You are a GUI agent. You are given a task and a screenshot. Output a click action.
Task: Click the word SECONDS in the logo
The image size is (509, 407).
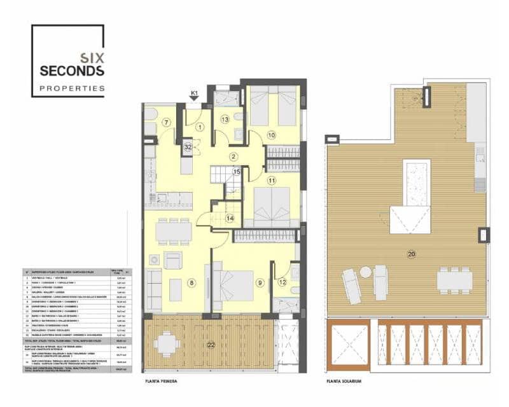coord(72,71)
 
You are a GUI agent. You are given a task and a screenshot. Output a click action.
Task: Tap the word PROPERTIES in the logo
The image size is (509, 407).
coord(72,88)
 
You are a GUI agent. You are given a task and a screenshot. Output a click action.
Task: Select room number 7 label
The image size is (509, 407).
coord(166,123)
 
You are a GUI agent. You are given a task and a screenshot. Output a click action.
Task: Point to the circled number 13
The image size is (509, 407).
coord(225,119)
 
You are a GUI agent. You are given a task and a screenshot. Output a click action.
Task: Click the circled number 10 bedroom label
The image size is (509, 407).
coord(271,134)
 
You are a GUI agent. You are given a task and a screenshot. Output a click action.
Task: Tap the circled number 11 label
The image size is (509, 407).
coord(272,181)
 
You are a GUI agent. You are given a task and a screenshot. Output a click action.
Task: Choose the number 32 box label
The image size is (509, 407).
coord(188,147)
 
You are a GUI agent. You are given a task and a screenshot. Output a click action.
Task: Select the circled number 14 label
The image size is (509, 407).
coord(230,218)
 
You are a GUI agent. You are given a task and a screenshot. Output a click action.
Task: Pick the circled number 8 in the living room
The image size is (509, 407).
coord(190,282)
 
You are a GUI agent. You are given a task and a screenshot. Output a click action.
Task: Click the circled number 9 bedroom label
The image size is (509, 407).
coord(260,282)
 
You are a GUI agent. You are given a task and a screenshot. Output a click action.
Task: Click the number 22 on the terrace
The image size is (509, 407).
coord(211,345)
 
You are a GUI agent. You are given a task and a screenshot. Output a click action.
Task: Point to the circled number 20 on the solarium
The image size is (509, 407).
coord(412,254)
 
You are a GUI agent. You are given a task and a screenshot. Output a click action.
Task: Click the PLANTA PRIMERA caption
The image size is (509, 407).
coord(160,382)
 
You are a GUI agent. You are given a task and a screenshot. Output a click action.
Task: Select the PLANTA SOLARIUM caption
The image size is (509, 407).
coord(344,382)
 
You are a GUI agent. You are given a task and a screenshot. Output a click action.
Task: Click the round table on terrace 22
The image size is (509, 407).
coord(166,343)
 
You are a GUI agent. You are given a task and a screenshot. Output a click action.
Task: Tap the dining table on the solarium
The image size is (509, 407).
coord(455,279)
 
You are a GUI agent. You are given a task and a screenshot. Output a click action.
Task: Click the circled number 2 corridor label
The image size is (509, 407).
coord(234,156)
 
